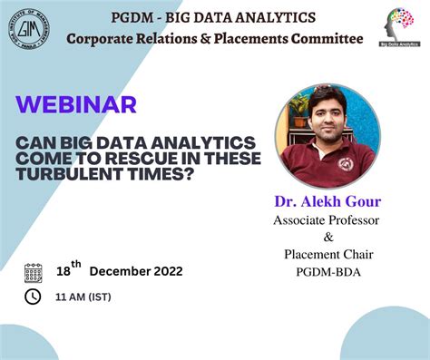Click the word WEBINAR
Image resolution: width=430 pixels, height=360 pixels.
click(x=77, y=104)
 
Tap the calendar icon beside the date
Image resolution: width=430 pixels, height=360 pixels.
click(x=34, y=272)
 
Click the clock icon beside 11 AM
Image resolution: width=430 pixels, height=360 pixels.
click(x=34, y=297)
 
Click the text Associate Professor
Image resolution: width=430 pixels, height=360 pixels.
click(x=327, y=219)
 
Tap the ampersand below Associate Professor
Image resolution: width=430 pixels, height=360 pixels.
click(x=327, y=237)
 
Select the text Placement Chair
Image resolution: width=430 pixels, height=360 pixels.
click(x=327, y=254)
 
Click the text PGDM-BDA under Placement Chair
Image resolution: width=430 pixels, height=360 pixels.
click(x=327, y=271)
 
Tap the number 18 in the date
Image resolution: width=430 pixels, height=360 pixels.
click(x=63, y=271)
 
